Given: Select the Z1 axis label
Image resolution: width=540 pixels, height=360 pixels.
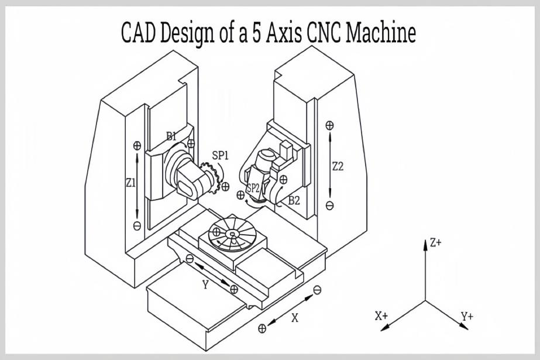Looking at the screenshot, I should coord(130,183).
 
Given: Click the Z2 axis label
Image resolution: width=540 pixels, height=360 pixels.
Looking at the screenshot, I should coord(338,166).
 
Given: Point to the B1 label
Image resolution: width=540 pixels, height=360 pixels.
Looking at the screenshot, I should coord(171,136).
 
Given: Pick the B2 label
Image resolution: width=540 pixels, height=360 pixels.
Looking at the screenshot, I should coord(294,200).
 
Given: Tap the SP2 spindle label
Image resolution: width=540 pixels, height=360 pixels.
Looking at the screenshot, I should coord(252,188).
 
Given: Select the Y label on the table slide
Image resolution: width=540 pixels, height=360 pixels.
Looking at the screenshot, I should coord(205,284).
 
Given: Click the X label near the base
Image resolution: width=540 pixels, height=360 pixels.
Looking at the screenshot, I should coord(295,318).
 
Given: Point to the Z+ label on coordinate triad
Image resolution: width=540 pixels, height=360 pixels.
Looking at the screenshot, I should coord(435,243).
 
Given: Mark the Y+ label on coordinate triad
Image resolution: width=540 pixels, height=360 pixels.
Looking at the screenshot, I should coord(466,317).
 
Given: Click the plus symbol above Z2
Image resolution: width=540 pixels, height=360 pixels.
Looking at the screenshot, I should coord(330,125).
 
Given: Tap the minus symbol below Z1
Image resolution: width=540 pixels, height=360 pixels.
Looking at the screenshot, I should coord(137,226).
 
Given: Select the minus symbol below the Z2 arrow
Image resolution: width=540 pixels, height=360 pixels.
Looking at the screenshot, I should coord(330,205).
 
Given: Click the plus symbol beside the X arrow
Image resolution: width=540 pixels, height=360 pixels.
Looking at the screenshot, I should coord(262,328).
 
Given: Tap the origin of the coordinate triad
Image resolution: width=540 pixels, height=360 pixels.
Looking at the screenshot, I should coord(425,301).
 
